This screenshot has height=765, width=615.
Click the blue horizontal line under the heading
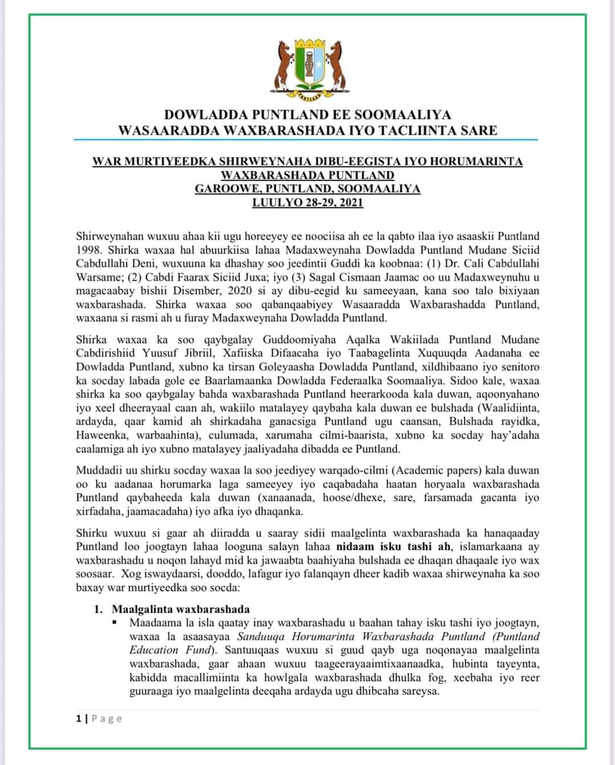[306, 140]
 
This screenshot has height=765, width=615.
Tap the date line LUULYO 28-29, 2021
[307, 203]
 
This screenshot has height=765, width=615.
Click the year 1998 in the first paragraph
[89, 250]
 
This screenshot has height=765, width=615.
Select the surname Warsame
[97, 277]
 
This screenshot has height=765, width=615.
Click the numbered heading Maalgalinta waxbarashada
[181, 609]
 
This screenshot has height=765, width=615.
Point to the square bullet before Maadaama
[115, 622]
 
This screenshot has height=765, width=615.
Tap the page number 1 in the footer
[79, 718]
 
